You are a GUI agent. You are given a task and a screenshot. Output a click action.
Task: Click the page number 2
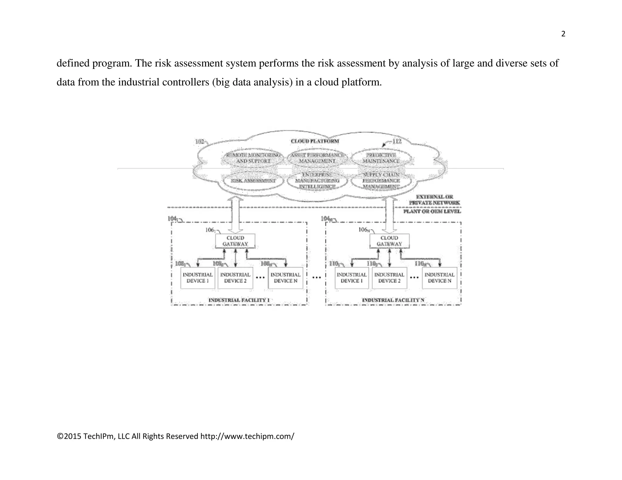[x=563, y=34]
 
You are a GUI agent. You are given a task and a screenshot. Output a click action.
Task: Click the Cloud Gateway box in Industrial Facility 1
[x=235, y=241]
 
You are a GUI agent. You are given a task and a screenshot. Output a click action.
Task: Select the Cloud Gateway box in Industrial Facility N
[x=389, y=241]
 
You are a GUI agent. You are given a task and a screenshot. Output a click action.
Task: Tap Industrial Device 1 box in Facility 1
[x=197, y=278]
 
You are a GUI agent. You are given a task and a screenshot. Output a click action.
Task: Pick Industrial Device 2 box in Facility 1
[x=235, y=278]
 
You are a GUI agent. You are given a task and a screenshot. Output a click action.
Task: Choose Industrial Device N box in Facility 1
[x=285, y=278]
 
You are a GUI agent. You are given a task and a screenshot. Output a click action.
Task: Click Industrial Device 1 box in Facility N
[x=351, y=278]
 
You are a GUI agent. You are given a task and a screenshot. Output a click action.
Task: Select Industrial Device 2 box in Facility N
[x=389, y=278]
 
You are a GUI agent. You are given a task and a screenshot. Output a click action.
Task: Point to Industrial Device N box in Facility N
[x=439, y=278]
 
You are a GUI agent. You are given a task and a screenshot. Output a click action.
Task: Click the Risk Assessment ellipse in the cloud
[x=253, y=181]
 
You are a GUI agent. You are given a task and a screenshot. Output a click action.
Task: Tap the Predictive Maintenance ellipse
[x=381, y=158]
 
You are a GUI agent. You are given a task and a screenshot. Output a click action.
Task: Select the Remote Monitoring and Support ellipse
[x=253, y=158]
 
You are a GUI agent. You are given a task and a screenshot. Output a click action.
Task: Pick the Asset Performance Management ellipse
[x=317, y=158]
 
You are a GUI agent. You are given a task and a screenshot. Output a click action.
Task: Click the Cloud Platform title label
[x=315, y=141]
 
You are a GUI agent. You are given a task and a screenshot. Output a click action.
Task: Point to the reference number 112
[x=397, y=141]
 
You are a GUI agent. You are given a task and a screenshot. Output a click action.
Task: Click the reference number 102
[x=200, y=141]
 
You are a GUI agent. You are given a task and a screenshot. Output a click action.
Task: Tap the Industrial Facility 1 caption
[x=239, y=300]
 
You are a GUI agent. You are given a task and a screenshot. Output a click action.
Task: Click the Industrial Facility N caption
[x=393, y=300]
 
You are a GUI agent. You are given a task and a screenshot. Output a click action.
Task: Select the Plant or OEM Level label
[x=432, y=211]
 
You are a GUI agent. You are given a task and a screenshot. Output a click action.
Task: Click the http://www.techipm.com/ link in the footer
[x=247, y=436]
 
